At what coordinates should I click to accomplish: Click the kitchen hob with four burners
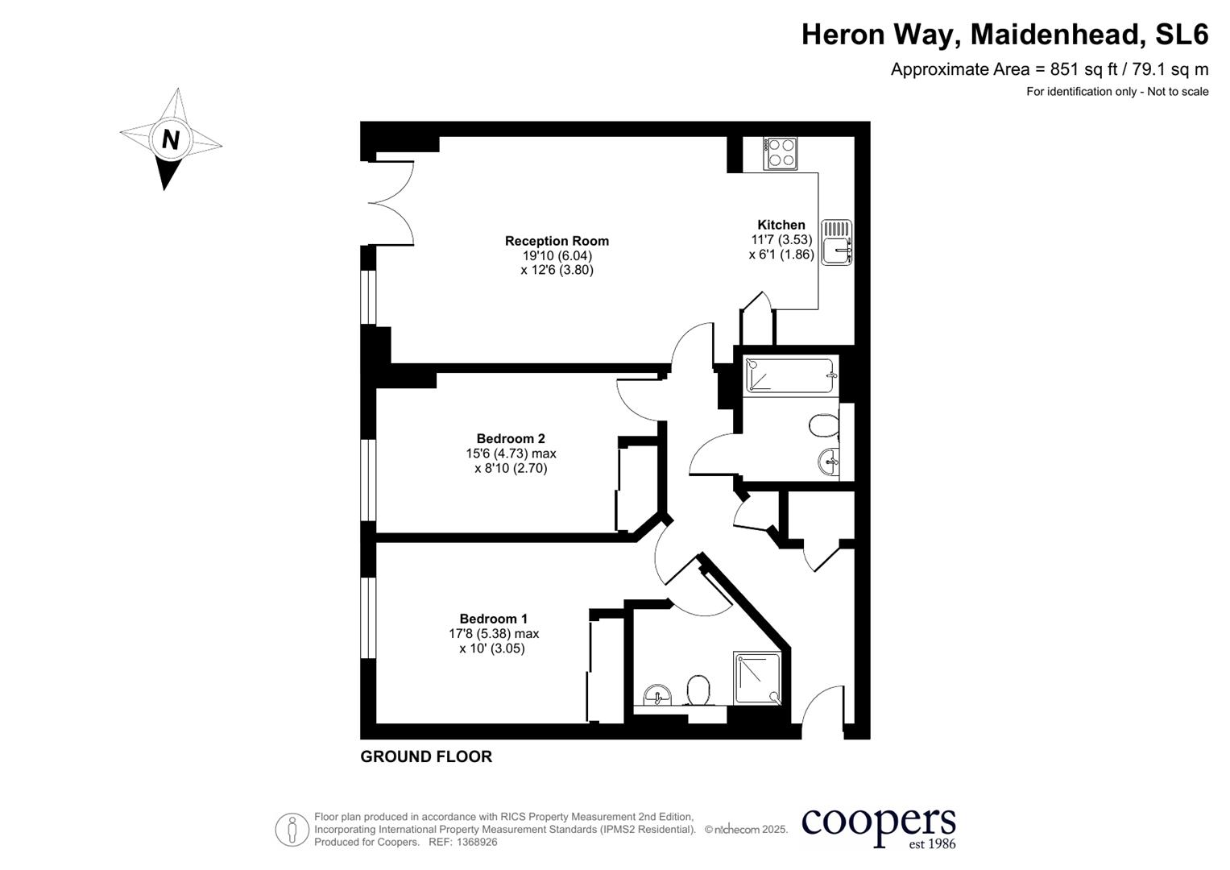[780, 153]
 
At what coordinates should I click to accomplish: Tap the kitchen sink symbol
[838, 242]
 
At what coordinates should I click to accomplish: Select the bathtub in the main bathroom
[789, 375]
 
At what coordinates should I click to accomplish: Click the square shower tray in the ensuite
[757, 678]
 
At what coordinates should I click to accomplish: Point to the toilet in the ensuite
[698, 690]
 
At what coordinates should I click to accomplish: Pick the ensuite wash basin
[658, 694]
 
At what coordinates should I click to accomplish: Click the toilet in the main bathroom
[824, 425]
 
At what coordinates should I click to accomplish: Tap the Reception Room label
[557, 241]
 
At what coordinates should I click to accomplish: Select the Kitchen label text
[781, 225]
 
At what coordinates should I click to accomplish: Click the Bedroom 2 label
[511, 439]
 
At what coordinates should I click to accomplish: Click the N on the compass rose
[170, 139]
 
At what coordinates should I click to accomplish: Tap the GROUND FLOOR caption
[426, 756]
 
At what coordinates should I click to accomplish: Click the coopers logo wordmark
[878, 823]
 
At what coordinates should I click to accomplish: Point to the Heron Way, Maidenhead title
[1004, 35]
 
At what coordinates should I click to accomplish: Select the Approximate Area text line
[1049, 69]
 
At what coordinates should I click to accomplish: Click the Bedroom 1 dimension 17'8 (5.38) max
[494, 634]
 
